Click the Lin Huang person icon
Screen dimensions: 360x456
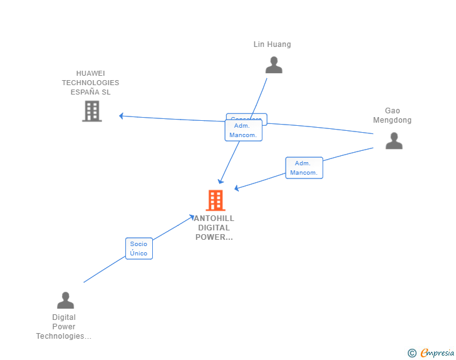point(274,65)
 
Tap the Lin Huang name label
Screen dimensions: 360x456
point(272,44)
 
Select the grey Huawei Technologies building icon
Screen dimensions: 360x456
point(92,111)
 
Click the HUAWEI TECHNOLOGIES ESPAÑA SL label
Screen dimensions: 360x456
point(90,83)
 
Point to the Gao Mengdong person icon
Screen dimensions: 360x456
point(394,141)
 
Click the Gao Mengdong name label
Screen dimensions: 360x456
point(392,115)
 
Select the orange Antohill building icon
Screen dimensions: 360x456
point(215,200)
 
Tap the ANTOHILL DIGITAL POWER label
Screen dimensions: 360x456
point(214,227)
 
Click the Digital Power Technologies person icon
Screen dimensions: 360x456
point(65,301)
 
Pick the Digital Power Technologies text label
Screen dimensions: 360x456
point(64,327)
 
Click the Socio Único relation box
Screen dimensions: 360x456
point(139,249)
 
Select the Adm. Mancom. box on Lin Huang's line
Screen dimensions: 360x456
point(244,130)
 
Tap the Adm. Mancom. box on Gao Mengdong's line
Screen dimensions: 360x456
point(304,168)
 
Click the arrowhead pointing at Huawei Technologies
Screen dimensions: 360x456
point(122,116)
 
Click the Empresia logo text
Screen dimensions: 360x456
point(437,353)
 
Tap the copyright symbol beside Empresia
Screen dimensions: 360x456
point(412,353)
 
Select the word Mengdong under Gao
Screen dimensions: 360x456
point(392,120)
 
